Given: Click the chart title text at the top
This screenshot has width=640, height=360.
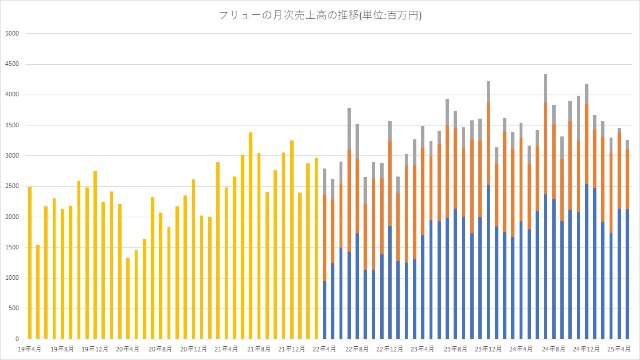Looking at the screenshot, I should coord(321,16).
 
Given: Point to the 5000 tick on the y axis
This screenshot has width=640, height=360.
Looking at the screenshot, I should coord(13,33).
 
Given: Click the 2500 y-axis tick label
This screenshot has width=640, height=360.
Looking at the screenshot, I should coord(13,186).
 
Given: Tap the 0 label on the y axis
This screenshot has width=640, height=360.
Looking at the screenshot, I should coord(17,339).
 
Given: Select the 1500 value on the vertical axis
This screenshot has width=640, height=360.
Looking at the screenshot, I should coord(13,247).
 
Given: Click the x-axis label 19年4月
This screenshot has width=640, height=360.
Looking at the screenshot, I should coord(29,348).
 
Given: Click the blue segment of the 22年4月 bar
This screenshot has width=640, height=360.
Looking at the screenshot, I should coord(325,310).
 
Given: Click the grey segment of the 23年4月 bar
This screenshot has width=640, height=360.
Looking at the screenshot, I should coord(423,137).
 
